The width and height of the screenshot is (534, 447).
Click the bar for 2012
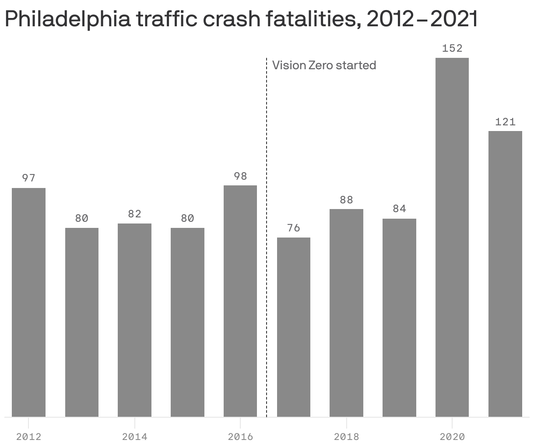tap(28, 302)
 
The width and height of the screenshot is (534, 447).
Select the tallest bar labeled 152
tap(452, 237)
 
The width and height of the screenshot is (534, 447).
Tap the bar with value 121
tap(505, 274)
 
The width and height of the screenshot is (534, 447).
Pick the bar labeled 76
tap(294, 327)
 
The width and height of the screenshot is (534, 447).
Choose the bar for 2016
tap(240, 301)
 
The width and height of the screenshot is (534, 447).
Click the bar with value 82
tap(134, 320)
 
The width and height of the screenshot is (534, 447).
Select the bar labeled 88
tap(346, 312)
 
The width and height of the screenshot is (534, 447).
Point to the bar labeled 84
tap(399, 317)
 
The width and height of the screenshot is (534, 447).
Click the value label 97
tap(28, 178)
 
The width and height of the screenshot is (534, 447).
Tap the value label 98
tap(240, 176)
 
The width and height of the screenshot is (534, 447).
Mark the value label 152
tap(452, 48)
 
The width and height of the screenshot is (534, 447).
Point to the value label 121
tap(505, 122)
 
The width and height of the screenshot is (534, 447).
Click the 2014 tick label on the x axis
tap(134, 436)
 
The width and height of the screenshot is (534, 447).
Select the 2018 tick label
tap(346, 436)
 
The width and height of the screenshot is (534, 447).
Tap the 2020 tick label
tap(452, 436)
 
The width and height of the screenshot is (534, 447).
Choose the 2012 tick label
tap(28, 436)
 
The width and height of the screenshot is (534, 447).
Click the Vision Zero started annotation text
tap(324, 65)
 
